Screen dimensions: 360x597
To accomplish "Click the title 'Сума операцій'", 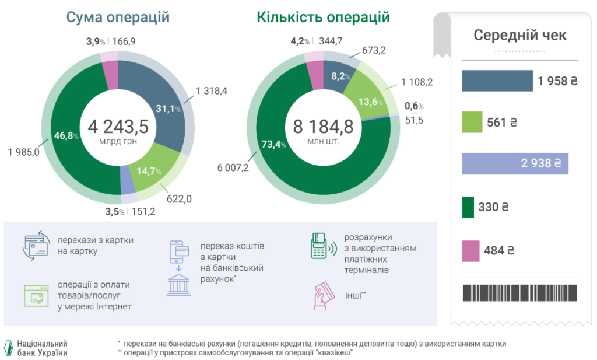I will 118,17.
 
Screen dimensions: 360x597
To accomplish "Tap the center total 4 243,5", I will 118,126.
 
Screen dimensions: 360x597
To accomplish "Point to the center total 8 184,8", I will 323,126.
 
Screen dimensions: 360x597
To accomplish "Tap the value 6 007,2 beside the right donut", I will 233,168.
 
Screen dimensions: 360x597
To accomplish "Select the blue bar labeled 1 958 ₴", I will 497,81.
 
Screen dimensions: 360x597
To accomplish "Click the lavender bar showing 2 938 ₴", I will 515,164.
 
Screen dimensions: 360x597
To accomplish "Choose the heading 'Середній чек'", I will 519,35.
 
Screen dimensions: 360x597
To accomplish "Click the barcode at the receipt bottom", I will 519,293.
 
